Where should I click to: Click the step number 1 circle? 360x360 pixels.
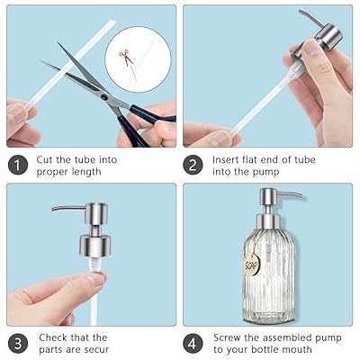point(18,166)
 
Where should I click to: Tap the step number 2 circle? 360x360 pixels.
point(193,166)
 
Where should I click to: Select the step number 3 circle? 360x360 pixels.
point(18,344)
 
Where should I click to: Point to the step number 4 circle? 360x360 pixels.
point(193,344)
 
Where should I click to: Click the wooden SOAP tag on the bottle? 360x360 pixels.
point(252,265)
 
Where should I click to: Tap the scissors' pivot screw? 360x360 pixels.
point(104,97)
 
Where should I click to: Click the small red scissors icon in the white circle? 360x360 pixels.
point(126,57)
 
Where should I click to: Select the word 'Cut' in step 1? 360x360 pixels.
point(44,159)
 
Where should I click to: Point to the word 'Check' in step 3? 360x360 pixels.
point(53,337)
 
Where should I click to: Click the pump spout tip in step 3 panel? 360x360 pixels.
point(53,209)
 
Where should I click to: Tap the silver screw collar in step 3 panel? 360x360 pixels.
point(95,246)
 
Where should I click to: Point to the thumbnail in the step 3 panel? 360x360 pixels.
point(98,278)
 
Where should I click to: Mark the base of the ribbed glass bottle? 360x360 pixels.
point(268,318)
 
